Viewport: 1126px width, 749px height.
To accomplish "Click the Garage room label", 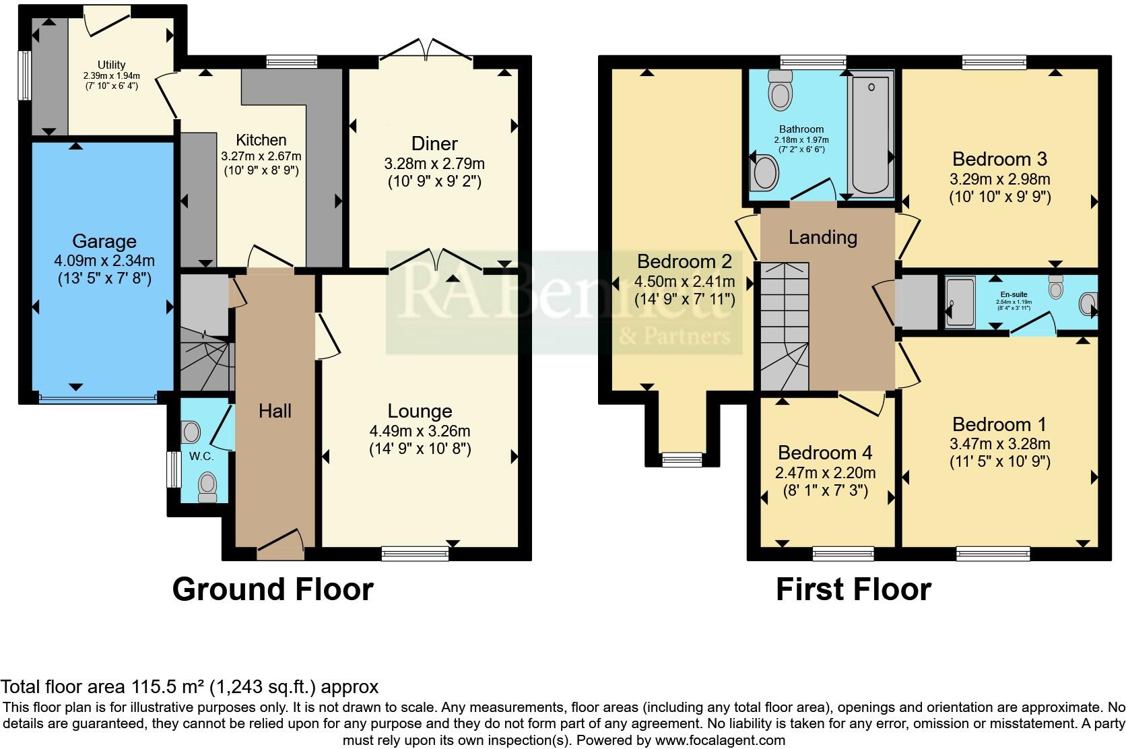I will pos(104,241).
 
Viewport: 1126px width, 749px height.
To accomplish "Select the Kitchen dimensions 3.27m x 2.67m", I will pos(261,156).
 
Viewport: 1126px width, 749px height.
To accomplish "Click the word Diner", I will pos(434,143).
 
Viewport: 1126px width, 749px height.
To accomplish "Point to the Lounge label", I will pos(420,411).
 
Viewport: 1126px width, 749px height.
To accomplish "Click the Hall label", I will pos(275,411).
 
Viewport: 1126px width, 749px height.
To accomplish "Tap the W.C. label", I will pos(201,456).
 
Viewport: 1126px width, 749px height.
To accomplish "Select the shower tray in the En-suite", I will pos(960,302).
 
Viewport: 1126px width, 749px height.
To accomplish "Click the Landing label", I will pos(822,237).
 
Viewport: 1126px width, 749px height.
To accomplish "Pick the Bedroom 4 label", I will pos(825,453).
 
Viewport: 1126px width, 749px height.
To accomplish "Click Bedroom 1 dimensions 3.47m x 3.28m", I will pos(999,443).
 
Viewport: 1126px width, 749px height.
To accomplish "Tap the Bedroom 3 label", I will pos(999,159).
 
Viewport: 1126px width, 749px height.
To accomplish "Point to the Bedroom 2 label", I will pos(685,261).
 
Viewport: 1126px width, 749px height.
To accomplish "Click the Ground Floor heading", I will pos(273,589).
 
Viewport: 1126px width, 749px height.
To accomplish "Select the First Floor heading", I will pos(853,589).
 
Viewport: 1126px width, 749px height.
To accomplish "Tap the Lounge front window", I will pos(415,553).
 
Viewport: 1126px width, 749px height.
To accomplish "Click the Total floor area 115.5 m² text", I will pos(189,687).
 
